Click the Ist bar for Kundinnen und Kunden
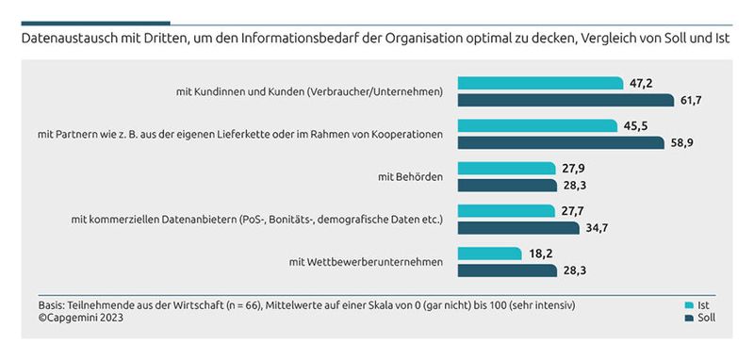pyautogui.click(x=539, y=83)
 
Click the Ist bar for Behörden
pyautogui.click(x=506, y=168)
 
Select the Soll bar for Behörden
pyautogui.click(x=507, y=185)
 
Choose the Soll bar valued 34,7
pyautogui.click(x=518, y=227)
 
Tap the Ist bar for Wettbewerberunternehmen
pyautogui.click(x=489, y=254)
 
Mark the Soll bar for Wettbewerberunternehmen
pyautogui.click(x=507, y=270)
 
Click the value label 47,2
pyautogui.click(x=640, y=83)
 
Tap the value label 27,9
pyautogui.click(x=573, y=168)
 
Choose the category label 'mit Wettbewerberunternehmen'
pyautogui.click(x=366, y=261)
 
